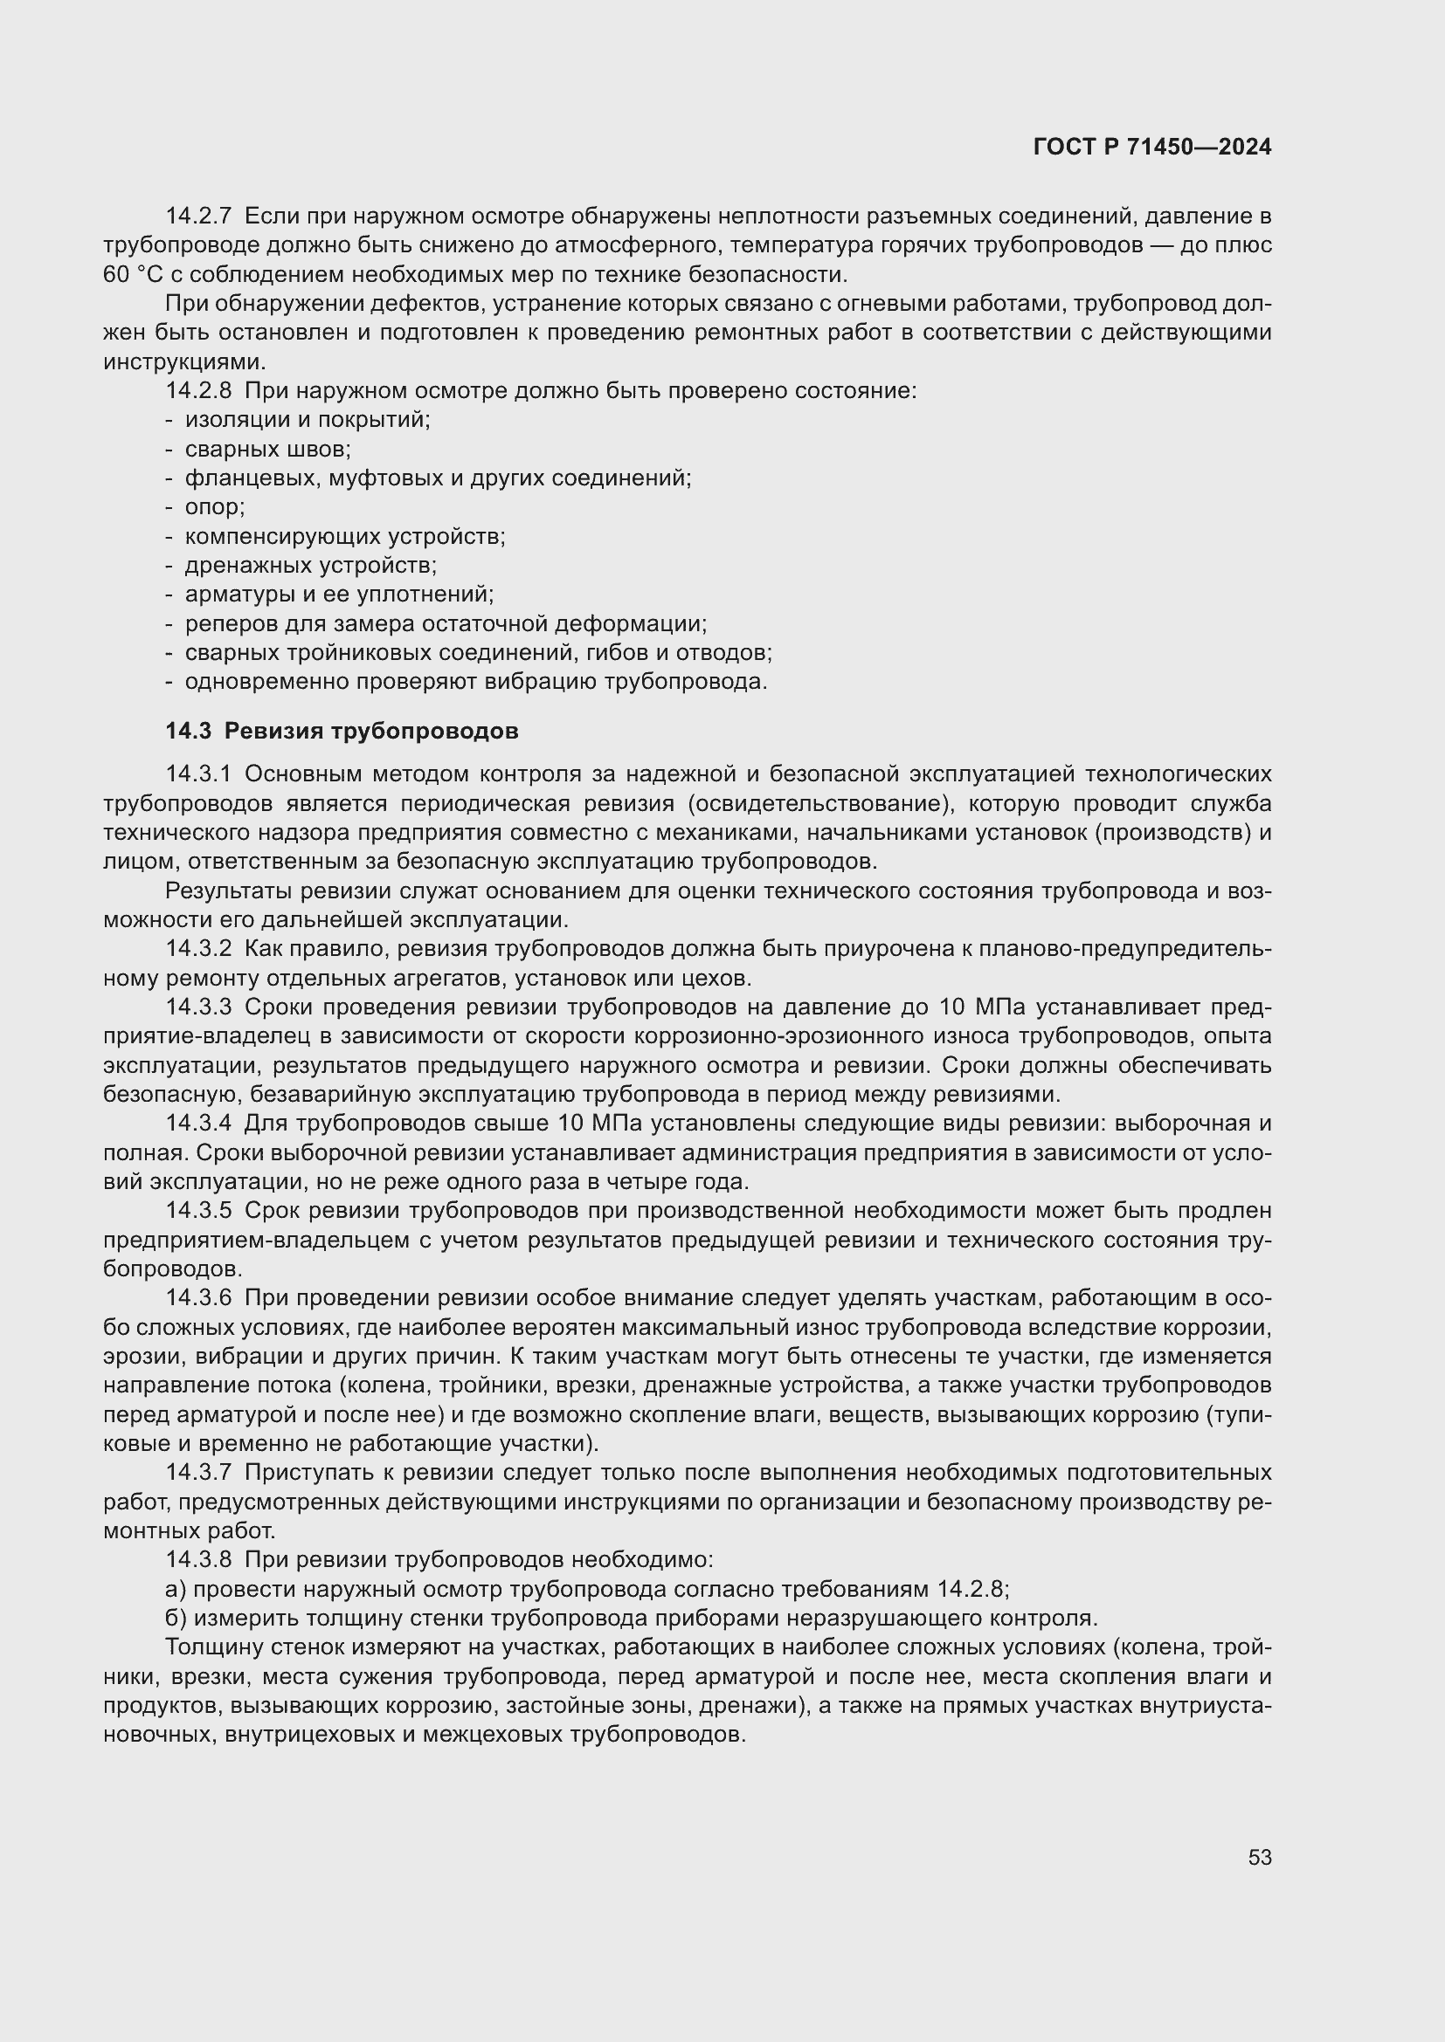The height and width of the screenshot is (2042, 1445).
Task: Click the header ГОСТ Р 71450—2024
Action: pos(1152,148)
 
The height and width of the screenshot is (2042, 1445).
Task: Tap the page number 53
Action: pos(1259,1857)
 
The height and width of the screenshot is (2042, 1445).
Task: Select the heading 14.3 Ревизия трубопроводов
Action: pos(342,731)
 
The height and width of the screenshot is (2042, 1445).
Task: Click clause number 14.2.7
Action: pos(198,217)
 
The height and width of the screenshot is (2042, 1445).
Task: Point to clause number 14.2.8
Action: pos(198,390)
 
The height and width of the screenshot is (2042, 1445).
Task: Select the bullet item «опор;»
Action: pos(214,507)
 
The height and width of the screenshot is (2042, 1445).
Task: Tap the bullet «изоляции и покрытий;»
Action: pos(307,420)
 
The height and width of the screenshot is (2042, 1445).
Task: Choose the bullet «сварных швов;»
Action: pos(268,449)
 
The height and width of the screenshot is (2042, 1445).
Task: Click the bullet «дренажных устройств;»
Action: pos(310,565)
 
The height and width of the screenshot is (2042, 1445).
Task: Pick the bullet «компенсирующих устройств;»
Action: pos(344,536)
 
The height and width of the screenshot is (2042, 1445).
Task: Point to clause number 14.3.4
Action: pos(198,1124)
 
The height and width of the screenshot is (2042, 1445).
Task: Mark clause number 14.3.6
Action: pos(198,1298)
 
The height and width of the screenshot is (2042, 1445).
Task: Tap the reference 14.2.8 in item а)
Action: pos(972,1588)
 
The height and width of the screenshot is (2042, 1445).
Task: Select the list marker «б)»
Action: pos(176,1618)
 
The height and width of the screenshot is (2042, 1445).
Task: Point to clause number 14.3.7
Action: pos(198,1473)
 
